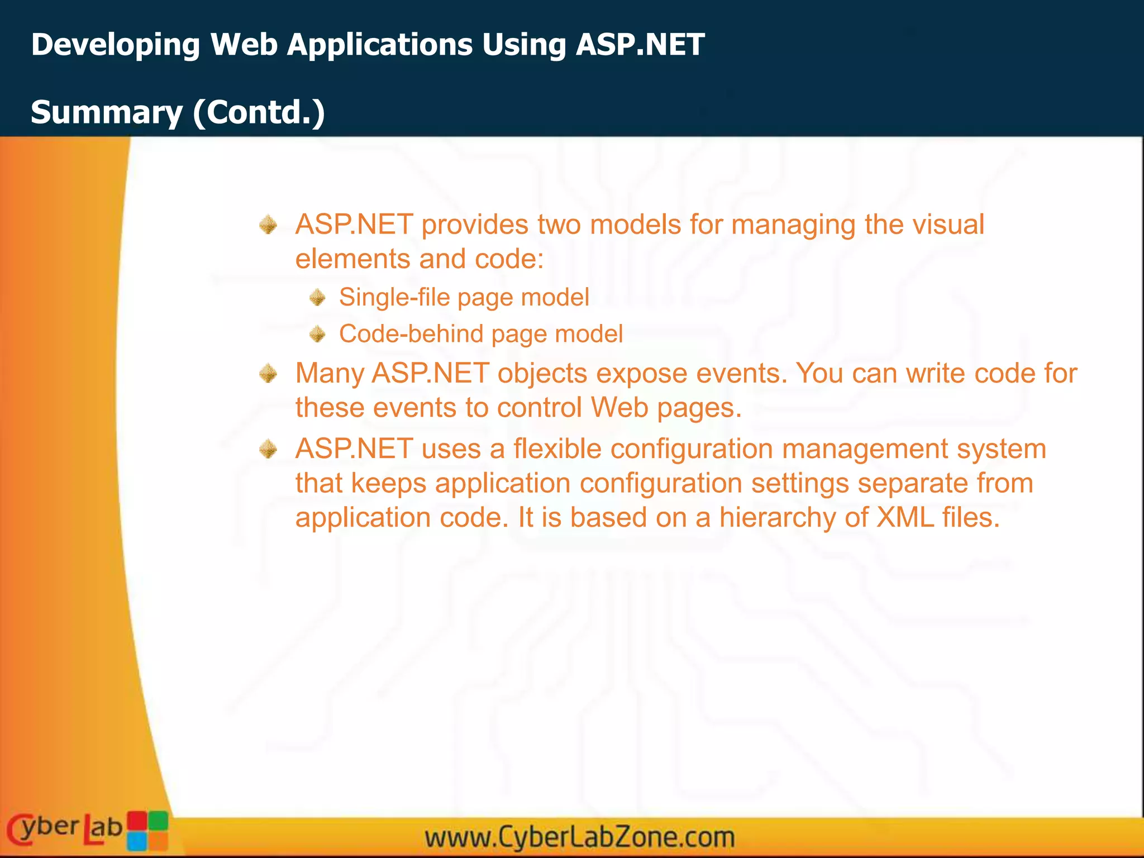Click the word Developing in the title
pos(115,45)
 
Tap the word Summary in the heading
pos(106,112)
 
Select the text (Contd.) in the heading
pos(259,112)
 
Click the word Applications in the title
pos(380,45)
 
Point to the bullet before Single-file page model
pos(317,297)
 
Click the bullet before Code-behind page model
pos(317,334)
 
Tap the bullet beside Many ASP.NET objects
pos(269,373)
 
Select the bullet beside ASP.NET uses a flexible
pos(269,449)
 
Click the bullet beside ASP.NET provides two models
pos(269,225)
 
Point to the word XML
pos(905,517)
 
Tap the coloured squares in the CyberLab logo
pos(147,830)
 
